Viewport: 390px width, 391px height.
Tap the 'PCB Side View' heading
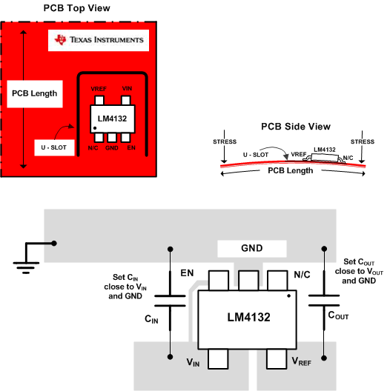(x=296, y=127)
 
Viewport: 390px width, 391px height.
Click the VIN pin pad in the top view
(x=127, y=102)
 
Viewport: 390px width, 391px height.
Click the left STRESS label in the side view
(x=223, y=141)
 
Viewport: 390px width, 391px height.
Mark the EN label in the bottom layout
(x=186, y=273)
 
